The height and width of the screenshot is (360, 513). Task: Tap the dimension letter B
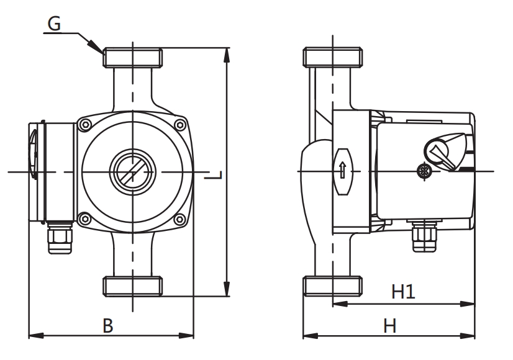pos(107,325)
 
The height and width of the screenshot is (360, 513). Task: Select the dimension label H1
pos(402,291)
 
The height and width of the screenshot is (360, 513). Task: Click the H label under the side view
pos(389,325)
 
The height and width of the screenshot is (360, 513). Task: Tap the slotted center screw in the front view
pos(132,169)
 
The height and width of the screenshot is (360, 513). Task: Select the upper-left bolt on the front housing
pos(86,124)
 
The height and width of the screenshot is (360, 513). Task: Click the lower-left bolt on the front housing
pos(85,217)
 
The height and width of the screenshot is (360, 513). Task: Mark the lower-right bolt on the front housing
pos(179,218)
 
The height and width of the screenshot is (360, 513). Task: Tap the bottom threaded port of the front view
pos(132,286)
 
